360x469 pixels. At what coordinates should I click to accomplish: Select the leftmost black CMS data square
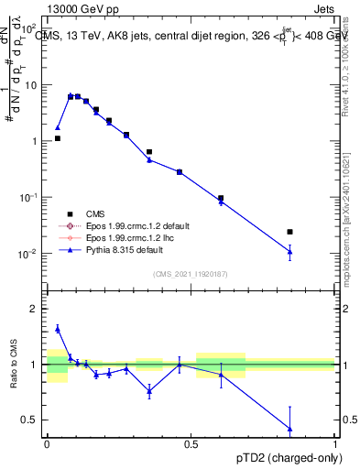click(x=58, y=138)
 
